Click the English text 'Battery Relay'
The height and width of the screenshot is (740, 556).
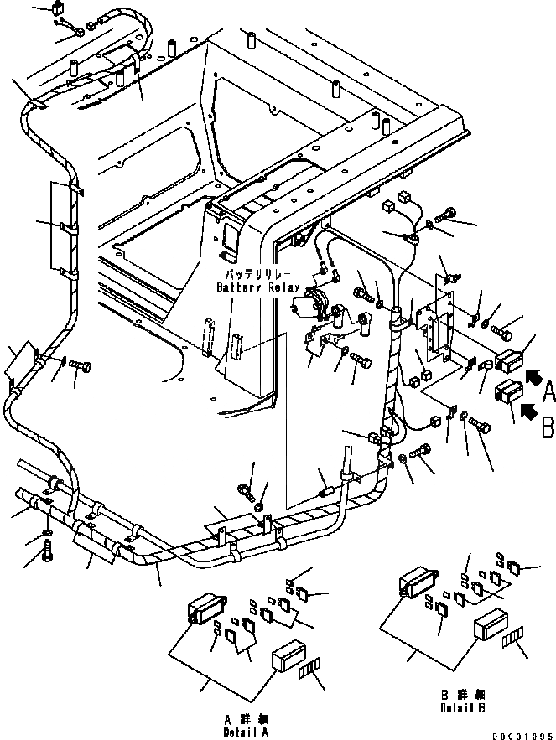point(257,287)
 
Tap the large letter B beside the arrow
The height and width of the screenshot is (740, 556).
point(547,427)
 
